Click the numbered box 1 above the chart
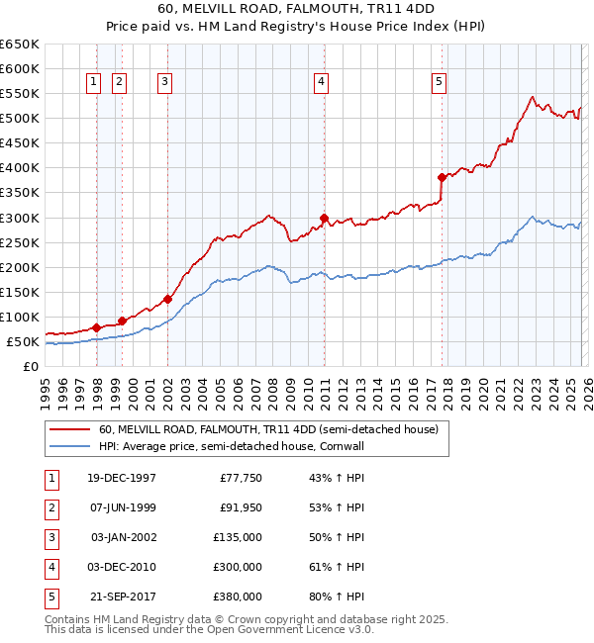(x=93, y=83)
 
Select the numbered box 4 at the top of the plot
(x=322, y=83)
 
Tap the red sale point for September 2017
(x=442, y=178)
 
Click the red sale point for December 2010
(x=323, y=218)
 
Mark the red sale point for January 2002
(x=167, y=299)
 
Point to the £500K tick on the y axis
(x=20, y=119)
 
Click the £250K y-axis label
(x=20, y=242)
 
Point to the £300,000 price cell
(x=237, y=567)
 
